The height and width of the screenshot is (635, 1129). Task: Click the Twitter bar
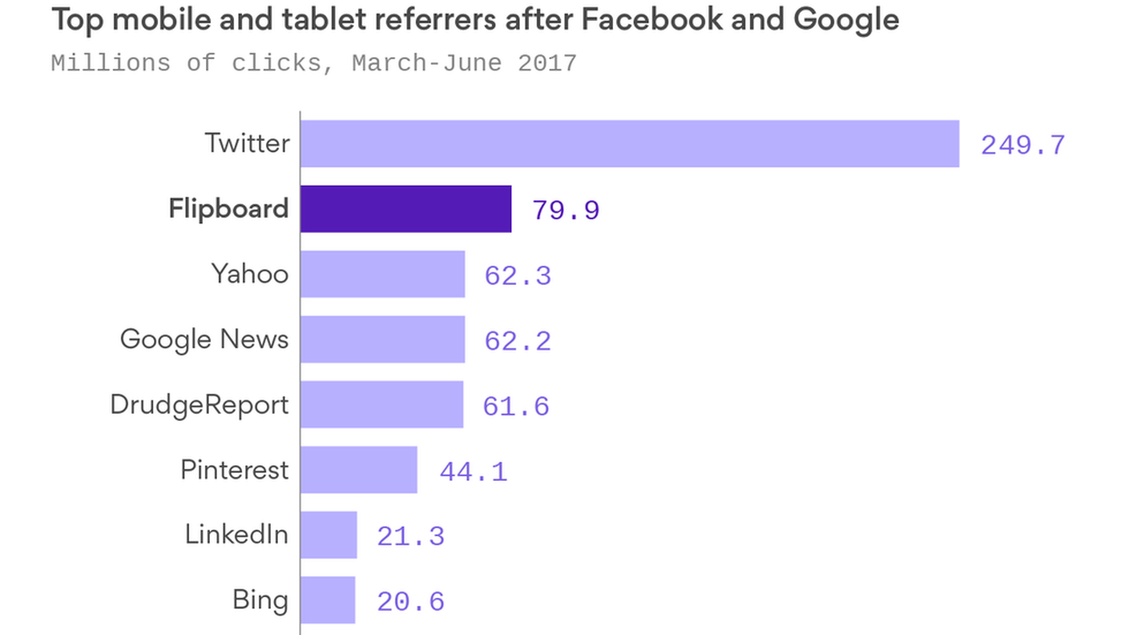click(629, 143)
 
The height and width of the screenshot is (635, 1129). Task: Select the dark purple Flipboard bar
click(406, 209)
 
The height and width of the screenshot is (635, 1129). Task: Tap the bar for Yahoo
click(382, 274)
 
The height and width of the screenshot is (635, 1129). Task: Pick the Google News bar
click(382, 339)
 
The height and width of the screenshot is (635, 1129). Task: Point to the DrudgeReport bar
click(382, 405)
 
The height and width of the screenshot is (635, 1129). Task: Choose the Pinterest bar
click(359, 470)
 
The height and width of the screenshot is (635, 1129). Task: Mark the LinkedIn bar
click(329, 534)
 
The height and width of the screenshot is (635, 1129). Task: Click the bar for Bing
click(328, 600)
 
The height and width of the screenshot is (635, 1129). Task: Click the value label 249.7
click(1023, 145)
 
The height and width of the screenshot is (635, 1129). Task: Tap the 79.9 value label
click(566, 210)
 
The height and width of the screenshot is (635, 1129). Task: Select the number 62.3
click(517, 276)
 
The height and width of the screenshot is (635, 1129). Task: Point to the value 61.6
click(516, 406)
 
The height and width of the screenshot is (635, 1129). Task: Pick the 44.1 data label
click(473, 472)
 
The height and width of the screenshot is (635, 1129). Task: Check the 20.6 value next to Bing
click(410, 601)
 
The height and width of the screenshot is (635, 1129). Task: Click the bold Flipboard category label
click(229, 209)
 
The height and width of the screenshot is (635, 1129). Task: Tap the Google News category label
click(204, 339)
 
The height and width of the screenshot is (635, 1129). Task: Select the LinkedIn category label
click(236, 534)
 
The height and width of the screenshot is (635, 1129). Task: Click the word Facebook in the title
click(652, 19)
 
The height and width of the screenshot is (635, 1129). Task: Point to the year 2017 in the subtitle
click(547, 63)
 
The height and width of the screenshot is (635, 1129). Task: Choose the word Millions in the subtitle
click(111, 63)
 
